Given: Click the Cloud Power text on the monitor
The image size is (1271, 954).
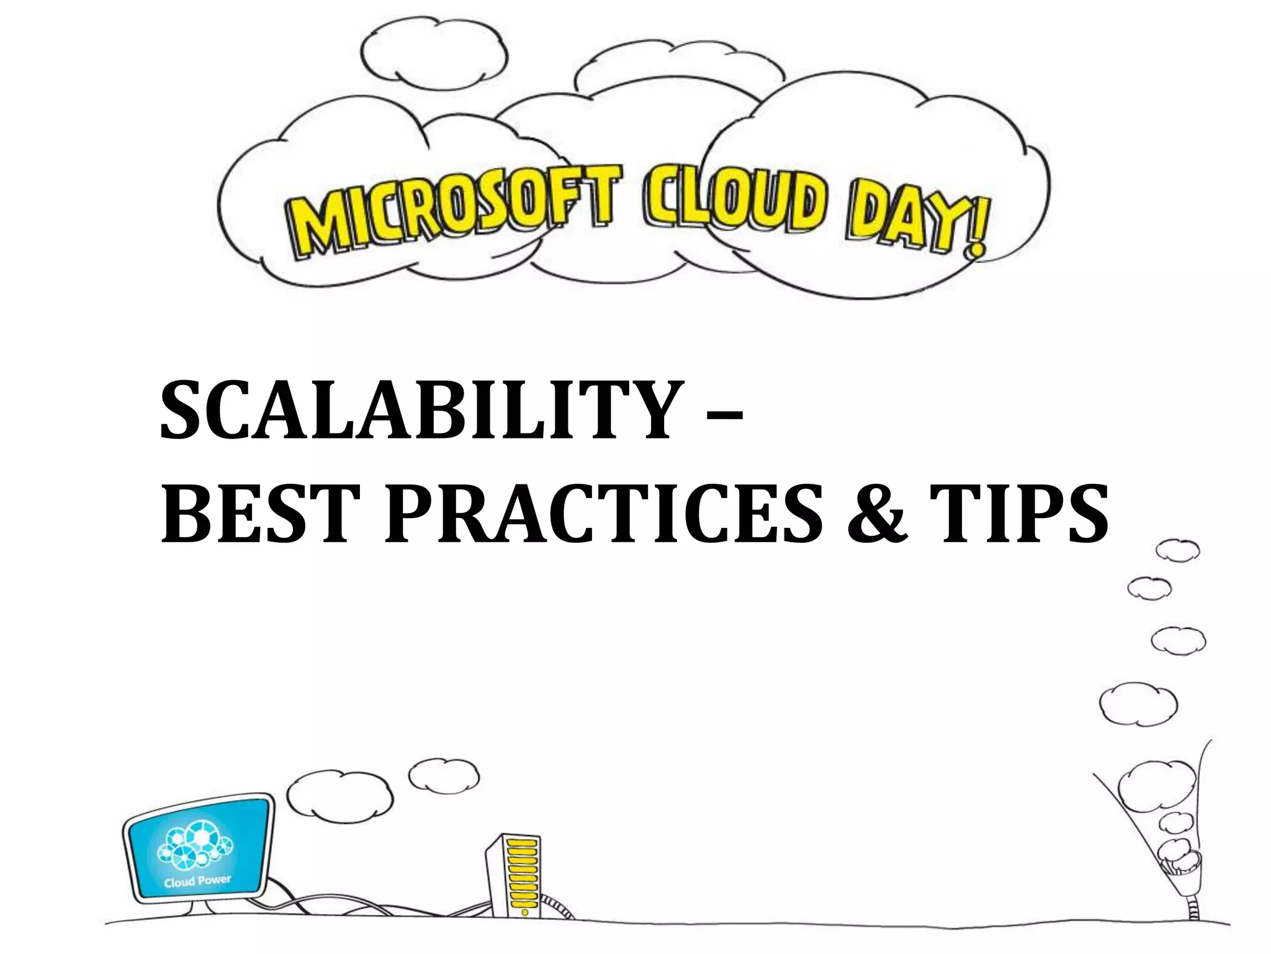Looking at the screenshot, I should tap(197, 881).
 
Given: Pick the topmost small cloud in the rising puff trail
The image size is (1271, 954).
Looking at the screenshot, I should tap(1177, 551).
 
